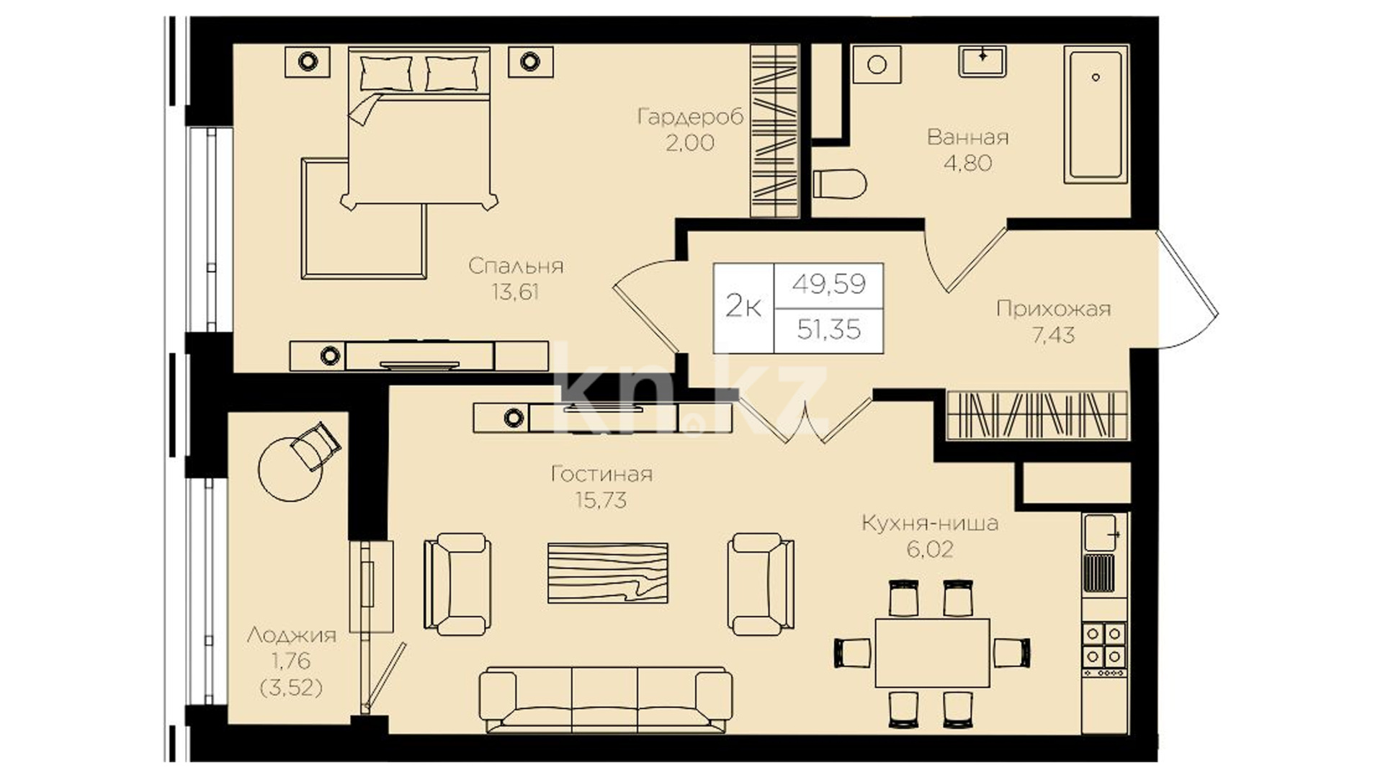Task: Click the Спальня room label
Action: (x=516, y=266)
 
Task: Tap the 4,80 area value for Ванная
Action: (x=967, y=163)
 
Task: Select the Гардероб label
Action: (x=690, y=117)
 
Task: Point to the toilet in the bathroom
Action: (x=839, y=184)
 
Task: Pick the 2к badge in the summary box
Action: (x=743, y=308)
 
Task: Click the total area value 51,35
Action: (x=829, y=329)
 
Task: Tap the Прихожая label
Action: (x=1053, y=309)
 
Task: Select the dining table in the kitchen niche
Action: (x=932, y=653)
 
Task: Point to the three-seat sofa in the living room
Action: (x=606, y=700)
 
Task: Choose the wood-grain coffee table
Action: (x=607, y=573)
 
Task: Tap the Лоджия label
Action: (x=291, y=635)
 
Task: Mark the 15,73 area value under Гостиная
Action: (x=601, y=500)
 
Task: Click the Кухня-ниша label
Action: (x=930, y=523)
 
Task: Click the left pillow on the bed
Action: (x=385, y=73)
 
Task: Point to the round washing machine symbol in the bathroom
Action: (x=877, y=65)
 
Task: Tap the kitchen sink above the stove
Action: (x=1101, y=532)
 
